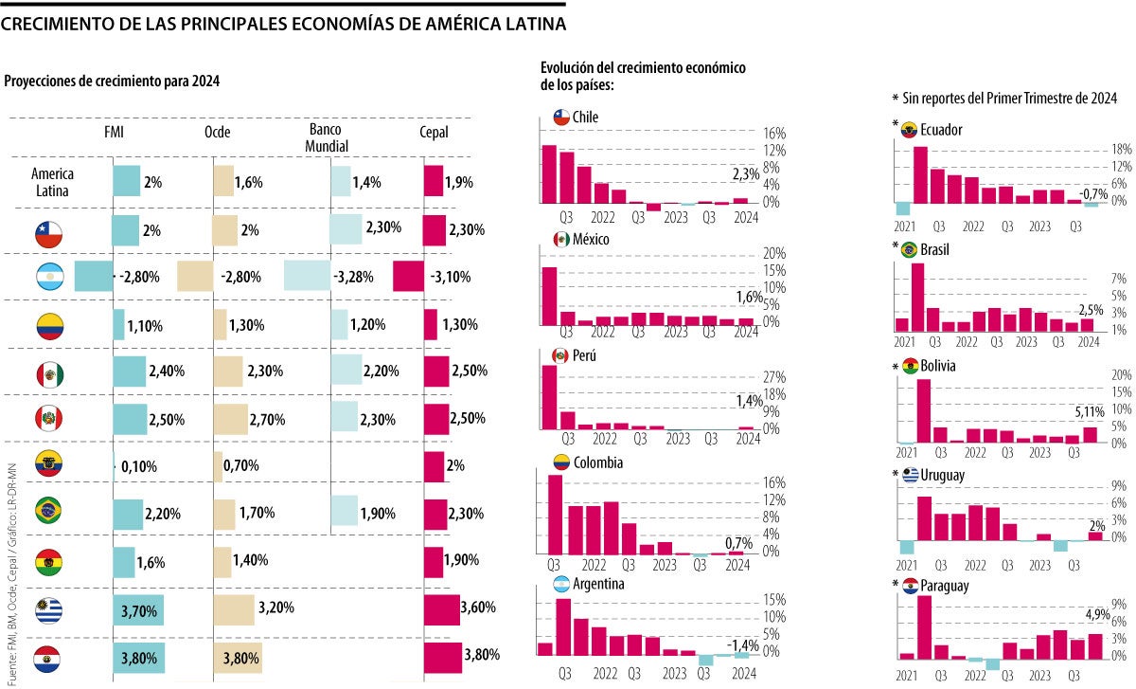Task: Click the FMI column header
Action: (x=115, y=133)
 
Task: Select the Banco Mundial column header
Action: (x=328, y=138)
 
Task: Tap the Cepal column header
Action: (x=434, y=133)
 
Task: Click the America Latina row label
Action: (x=52, y=181)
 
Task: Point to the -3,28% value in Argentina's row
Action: (x=353, y=277)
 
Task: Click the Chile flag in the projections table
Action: (x=50, y=230)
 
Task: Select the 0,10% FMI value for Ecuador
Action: (x=138, y=466)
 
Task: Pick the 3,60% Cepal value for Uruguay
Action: (x=478, y=607)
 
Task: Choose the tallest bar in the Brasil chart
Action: (x=917, y=298)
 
